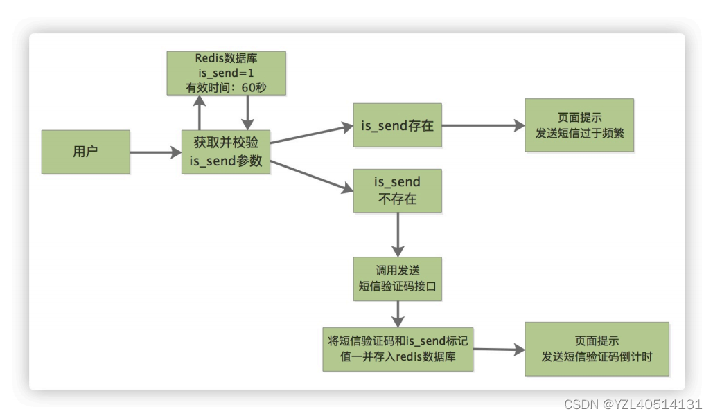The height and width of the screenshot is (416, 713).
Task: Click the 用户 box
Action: [85, 151]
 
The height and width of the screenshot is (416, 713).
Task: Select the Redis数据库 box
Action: [226, 72]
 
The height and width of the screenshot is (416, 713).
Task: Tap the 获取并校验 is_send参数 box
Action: [226, 152]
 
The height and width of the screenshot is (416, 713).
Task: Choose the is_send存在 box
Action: [397, 125]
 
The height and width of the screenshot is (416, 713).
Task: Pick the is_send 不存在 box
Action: [397, 190]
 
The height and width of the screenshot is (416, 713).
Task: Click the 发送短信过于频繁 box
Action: [579, 125]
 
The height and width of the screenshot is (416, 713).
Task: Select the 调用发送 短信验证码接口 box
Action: [397, 279]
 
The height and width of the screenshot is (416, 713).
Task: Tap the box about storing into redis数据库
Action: [398, 349]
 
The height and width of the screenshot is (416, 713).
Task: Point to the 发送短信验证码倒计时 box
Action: [597, 349]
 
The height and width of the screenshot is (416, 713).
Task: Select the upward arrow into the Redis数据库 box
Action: [200, 112]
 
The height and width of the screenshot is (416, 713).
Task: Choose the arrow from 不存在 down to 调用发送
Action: [398, 235]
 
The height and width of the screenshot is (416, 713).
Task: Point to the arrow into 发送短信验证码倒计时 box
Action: [499, 350]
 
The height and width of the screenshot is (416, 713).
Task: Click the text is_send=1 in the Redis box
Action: [226, 73]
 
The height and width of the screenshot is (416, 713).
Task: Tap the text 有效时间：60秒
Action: [226, 87]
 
